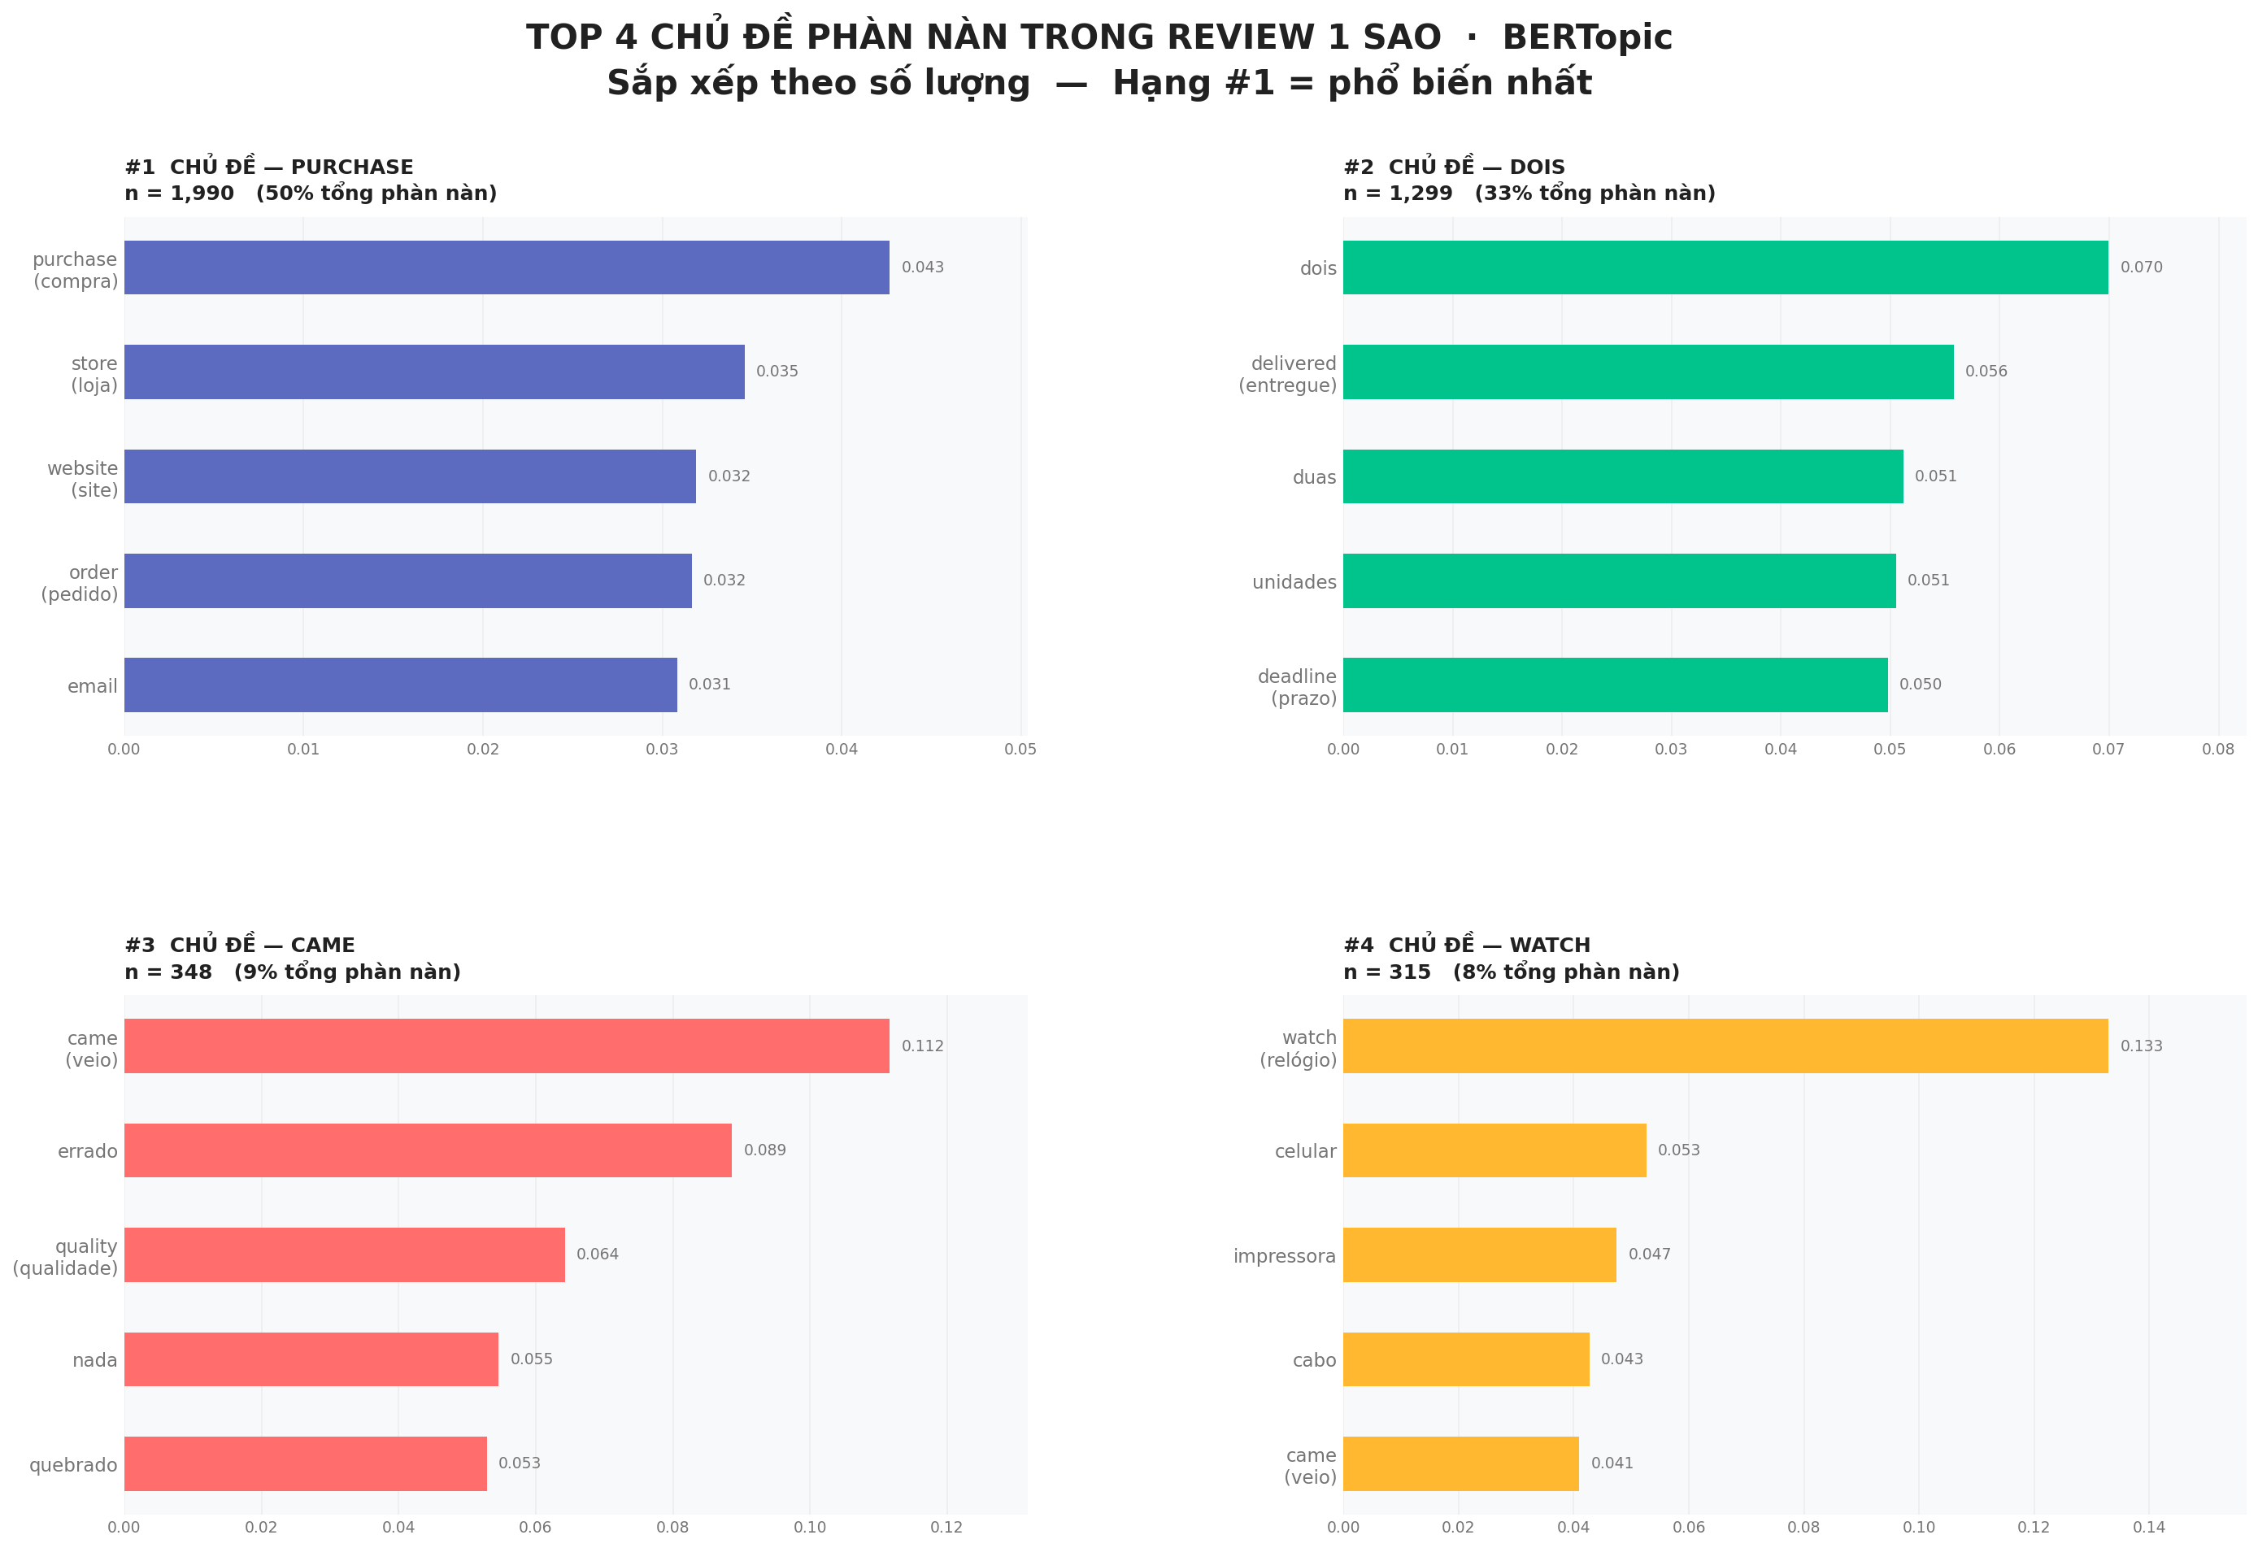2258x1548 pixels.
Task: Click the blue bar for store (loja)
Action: [x=434, y=372]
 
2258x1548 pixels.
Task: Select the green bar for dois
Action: [x=1725, y=267]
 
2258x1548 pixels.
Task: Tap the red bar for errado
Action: [x=428, y=1150]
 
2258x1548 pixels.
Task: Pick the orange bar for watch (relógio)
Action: [x=1725, y=1046]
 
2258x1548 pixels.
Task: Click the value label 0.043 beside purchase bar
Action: [x=922, y=267]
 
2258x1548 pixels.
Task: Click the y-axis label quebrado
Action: [x=73, y=1464]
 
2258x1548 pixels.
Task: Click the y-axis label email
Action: [x=93, y=686]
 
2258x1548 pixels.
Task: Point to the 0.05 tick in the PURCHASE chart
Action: [x=1020, y=750]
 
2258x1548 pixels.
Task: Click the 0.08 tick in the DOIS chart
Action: [x=2217, y=750]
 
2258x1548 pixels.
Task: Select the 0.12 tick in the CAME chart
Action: [x=946, y=1527]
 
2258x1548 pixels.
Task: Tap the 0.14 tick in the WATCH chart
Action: [x=2148, y=1527]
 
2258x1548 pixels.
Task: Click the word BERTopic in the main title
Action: [x=1586, y=37]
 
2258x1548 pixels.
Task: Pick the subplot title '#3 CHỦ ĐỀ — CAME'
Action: [x=240, y=945]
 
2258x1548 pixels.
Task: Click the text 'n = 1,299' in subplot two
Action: [x=1397, y=193]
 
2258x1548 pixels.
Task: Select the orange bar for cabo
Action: [x=1465, y=1359]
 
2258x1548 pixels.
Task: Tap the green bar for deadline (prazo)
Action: [x=1615, y=685]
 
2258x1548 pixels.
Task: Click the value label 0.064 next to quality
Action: [x=598, y=1254]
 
